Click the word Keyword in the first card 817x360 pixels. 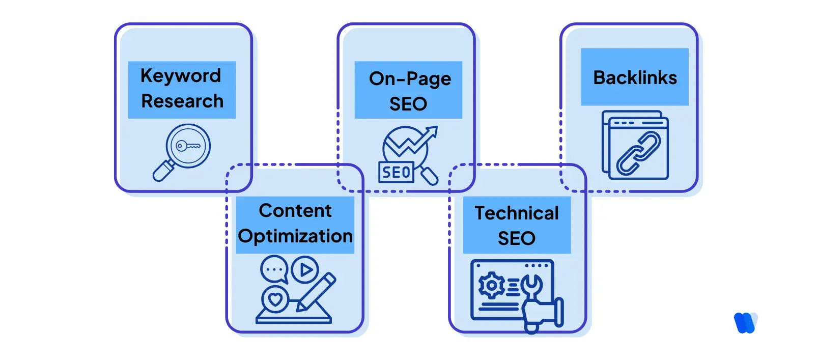(181, 76)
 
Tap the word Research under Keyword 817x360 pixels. (182, 101)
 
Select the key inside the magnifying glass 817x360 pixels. (187, 146)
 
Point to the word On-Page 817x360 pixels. (410, 79)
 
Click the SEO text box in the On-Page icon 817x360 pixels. (396, 172)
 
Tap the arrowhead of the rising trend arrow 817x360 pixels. (433, 132)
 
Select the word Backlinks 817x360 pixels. (635, 78)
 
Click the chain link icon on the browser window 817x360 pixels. (638, 153)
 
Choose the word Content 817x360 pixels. (295, 211)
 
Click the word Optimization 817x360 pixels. (295, 236)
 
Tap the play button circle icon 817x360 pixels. (305, 269)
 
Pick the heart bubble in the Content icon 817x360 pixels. (275, 299)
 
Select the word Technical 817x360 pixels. (516, 213)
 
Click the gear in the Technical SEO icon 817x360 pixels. (491, 286)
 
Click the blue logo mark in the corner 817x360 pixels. (746, 323)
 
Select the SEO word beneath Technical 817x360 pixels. (516, 238)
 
